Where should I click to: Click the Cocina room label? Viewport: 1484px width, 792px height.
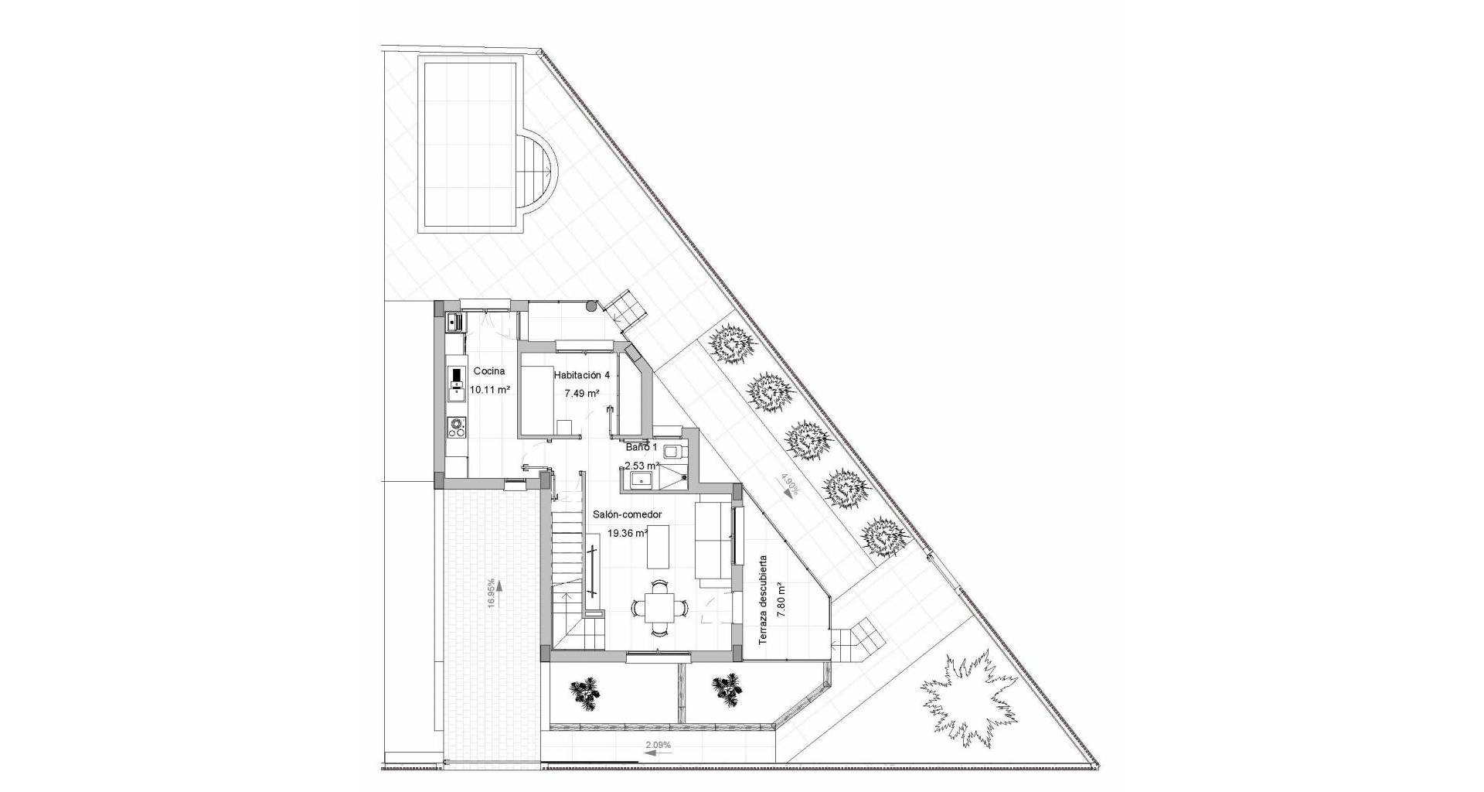(x=488, y=370)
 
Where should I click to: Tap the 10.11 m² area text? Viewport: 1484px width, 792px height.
(x=488, y=390)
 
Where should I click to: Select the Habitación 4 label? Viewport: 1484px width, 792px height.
(x=582, y=374)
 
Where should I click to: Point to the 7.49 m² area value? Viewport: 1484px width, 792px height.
(x=582, y=393)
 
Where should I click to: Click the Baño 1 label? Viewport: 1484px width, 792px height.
(x=641, y=447)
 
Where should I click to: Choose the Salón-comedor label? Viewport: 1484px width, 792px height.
(x=628, y=514)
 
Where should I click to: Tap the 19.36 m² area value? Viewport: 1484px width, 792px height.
(x=628, y=533)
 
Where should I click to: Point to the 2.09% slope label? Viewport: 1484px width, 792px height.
(x=658, y=745)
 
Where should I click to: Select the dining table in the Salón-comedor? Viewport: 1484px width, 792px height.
(x=658, y=609)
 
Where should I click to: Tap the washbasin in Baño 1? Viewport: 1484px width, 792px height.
(x=641, y=481)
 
